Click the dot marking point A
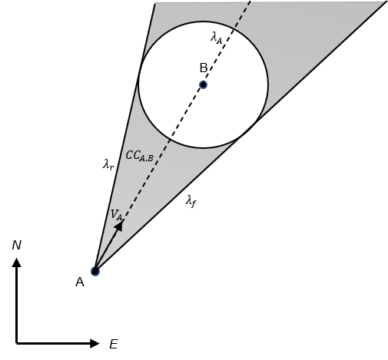[95, 271]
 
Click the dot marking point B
[203, 84]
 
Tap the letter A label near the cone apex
[80, 282]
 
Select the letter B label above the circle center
[204, 68]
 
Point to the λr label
[108, 164]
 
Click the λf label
[191, 201]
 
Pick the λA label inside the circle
[217, 38]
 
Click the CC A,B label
[140, 156]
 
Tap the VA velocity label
[117, 215]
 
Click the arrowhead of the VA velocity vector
[119, 226]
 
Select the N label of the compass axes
[16, 245]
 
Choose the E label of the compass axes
[114, 344]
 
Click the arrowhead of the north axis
[17, 263]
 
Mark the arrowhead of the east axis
[95, 343]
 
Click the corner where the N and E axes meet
[17, 343]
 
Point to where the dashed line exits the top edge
[250, 2]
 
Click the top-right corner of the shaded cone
[386, 2]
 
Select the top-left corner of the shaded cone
[154, 3]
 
